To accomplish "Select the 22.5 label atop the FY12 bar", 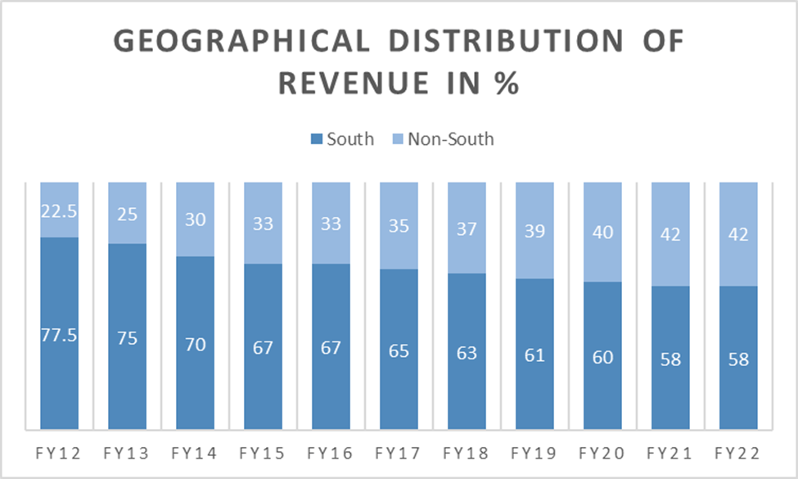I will [59, 210].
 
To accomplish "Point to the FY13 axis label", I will [127, 453].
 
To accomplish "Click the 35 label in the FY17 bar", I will [399, 226].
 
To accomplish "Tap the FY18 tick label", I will [467, 453].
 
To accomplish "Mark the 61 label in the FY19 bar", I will [534, 355].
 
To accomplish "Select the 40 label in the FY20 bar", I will [602, 233].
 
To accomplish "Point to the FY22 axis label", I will [738, 453].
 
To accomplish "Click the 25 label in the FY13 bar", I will [127, 214].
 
